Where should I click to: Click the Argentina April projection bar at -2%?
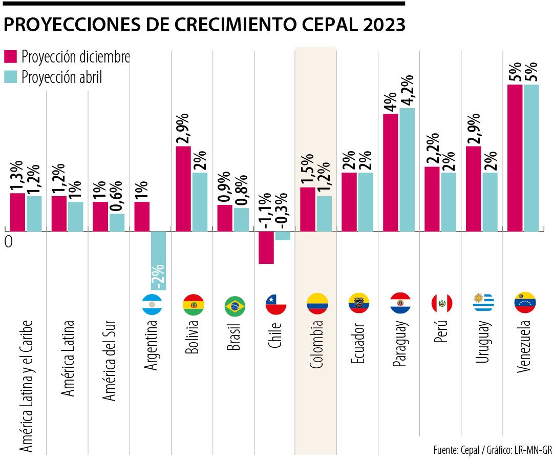pos(158,261)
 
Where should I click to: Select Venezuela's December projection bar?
pos(515,158)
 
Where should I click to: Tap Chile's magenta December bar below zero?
pos(266,247)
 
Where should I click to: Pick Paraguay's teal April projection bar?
pos(407,170)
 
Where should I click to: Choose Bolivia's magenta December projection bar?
pos(184,188)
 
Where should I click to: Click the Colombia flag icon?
pos(317,304)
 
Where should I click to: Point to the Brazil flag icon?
pos(235,306)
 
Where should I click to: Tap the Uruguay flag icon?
pos(483,303)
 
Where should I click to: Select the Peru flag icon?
pos(441,303)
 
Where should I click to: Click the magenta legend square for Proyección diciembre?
pos(11,56)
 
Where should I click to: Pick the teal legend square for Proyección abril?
pos(11,77)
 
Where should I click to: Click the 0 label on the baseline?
pos(8,242)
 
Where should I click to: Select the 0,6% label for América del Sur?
pos(117,196)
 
